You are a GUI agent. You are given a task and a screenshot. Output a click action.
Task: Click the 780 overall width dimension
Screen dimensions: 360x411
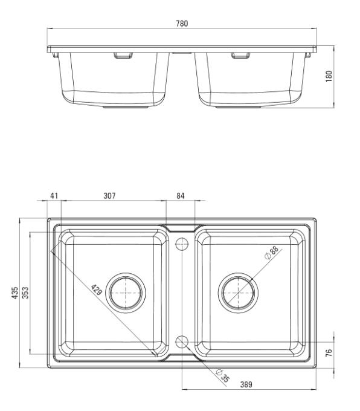(x=182, y=24)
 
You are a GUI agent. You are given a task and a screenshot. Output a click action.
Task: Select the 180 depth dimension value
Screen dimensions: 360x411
(x=329, y=76)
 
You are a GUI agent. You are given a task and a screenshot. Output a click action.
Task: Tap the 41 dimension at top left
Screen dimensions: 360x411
(x=54, y=196)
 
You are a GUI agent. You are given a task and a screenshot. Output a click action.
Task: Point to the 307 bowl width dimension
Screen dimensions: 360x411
(x=109, y=196)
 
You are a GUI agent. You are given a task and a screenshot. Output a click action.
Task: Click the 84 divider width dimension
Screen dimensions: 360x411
(x=180, y=196)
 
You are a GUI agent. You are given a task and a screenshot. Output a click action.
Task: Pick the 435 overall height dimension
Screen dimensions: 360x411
(x=15, y=293)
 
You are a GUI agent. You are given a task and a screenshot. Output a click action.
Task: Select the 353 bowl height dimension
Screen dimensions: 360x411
(x=25, y=293)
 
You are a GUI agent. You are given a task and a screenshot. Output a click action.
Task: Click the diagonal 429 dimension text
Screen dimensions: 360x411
(x=96, y=290)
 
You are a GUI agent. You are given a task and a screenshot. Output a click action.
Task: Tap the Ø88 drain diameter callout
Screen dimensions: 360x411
(x=271, y=253)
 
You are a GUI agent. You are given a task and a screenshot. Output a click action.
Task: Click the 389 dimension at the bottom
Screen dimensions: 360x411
(x=246, y=384)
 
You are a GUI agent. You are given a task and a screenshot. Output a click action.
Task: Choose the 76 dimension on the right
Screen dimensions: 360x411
(x=329, y=352)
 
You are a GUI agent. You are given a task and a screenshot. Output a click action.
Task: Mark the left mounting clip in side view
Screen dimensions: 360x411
(x=123, y=56)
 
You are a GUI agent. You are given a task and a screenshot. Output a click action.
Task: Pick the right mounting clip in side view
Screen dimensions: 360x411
(x=240, y=56)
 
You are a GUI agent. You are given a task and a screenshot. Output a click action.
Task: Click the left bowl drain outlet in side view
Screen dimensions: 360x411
(x=126, y=107)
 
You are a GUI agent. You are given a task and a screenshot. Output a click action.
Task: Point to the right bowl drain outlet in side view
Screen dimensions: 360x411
(x=238, y=107)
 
